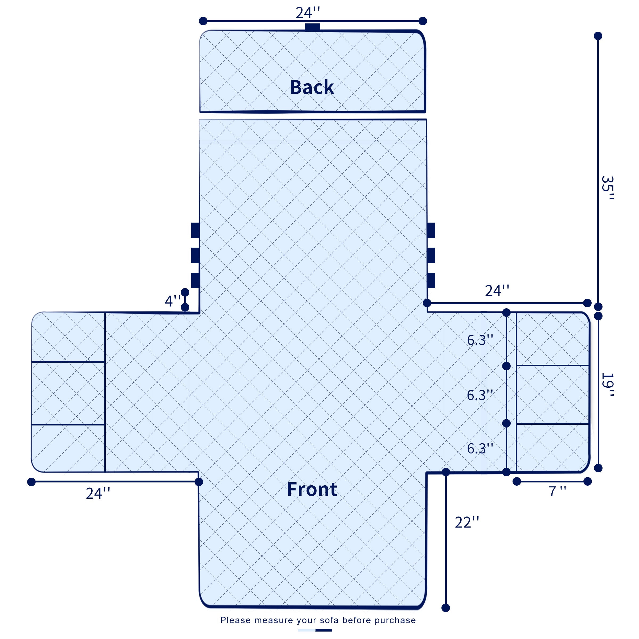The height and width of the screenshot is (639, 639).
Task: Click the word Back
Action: [x=312, y=87]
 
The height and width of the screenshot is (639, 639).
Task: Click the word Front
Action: [x=312, y=490]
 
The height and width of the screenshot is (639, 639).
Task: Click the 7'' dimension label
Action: [x=557, y=491]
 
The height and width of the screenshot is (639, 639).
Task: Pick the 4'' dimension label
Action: [x=172, y=301]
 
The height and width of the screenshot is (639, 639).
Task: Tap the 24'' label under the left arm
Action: [x=98, y=493]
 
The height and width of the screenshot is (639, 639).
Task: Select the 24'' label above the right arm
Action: [x=497, y=291]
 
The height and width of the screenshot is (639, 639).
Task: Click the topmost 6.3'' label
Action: [x=480, y=340]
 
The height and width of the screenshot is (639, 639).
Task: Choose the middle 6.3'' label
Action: [x=480, y=395]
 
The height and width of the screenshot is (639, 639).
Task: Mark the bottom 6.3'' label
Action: [x=480, y=448]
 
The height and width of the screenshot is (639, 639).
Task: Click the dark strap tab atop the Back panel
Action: [x=313, y=27]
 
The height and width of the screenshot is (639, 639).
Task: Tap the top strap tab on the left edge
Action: [x=195, y=230]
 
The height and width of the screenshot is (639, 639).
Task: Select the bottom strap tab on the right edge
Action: [x=431, y=280]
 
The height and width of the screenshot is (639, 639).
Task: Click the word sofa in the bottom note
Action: [x=329, y=620]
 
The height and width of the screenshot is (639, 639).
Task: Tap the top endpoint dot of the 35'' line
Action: [x=598, y=36]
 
